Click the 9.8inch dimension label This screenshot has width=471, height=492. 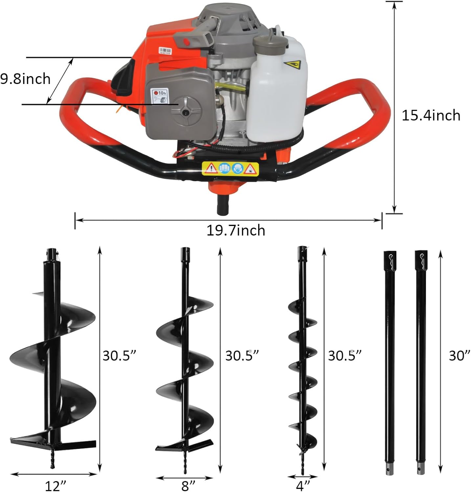(x=25, y=79)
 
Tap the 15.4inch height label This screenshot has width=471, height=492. (x=431, y=115)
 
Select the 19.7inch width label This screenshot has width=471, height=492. (x=235, y=230)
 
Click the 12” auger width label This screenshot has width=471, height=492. (x=56, y=485)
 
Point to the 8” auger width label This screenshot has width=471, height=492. (x=188, y=485)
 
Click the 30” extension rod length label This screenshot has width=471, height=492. (x=460, y=355)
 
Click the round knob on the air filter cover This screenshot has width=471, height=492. (x=186, y=112)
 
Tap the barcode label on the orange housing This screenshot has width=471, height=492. (x=165, y=50)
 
